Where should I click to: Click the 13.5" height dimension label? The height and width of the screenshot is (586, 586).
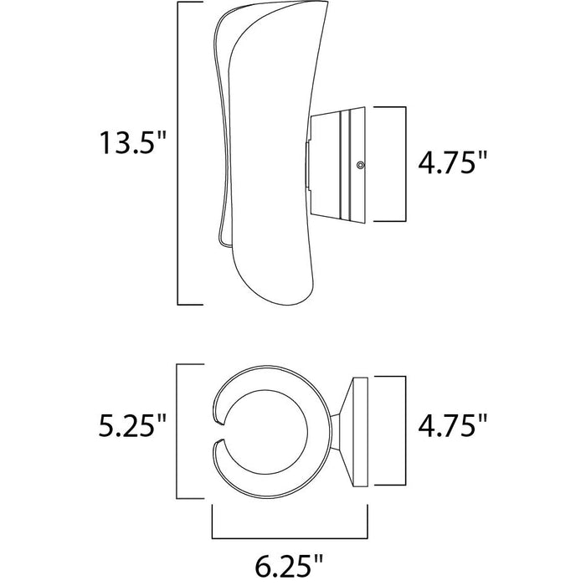click(132, 142)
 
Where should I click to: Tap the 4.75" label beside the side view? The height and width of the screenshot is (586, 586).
click(453, 162)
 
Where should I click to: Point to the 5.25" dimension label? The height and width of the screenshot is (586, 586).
click(132, 425)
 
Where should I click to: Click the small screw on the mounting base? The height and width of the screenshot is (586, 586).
click(360, 164)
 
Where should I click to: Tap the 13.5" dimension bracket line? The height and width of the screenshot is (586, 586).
click(177, 153)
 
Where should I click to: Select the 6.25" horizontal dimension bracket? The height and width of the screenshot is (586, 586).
click(290, 538)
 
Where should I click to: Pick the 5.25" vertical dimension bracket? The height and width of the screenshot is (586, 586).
click(177, 431)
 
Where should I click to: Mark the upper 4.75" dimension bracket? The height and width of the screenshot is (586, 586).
click(405, 164)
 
